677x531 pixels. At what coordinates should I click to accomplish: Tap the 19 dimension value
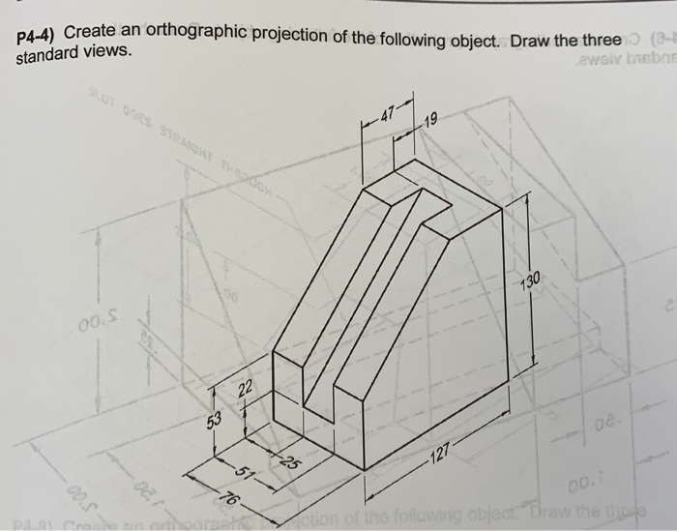(431, 122)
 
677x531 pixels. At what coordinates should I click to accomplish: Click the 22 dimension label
(246, 389)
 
